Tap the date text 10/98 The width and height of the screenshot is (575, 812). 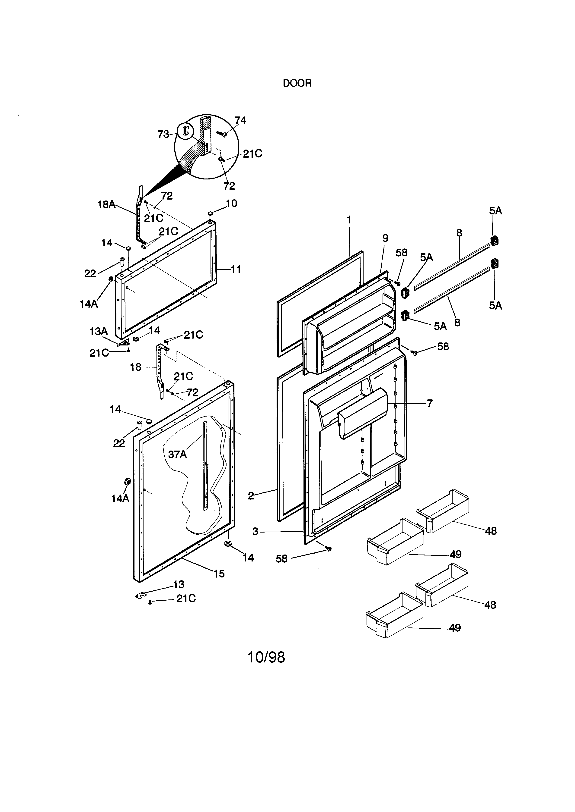coord(266,657)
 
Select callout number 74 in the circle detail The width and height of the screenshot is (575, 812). coord(240,121)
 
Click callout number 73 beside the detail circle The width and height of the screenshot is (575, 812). coord(163,134)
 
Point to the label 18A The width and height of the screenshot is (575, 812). coord(106,204)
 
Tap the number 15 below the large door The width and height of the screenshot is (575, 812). coord(219,574)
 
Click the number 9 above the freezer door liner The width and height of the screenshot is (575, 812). coord(385,238)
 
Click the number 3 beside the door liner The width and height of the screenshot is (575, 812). coord(255,532)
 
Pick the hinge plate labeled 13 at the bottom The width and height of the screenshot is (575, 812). coord(141,597)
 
